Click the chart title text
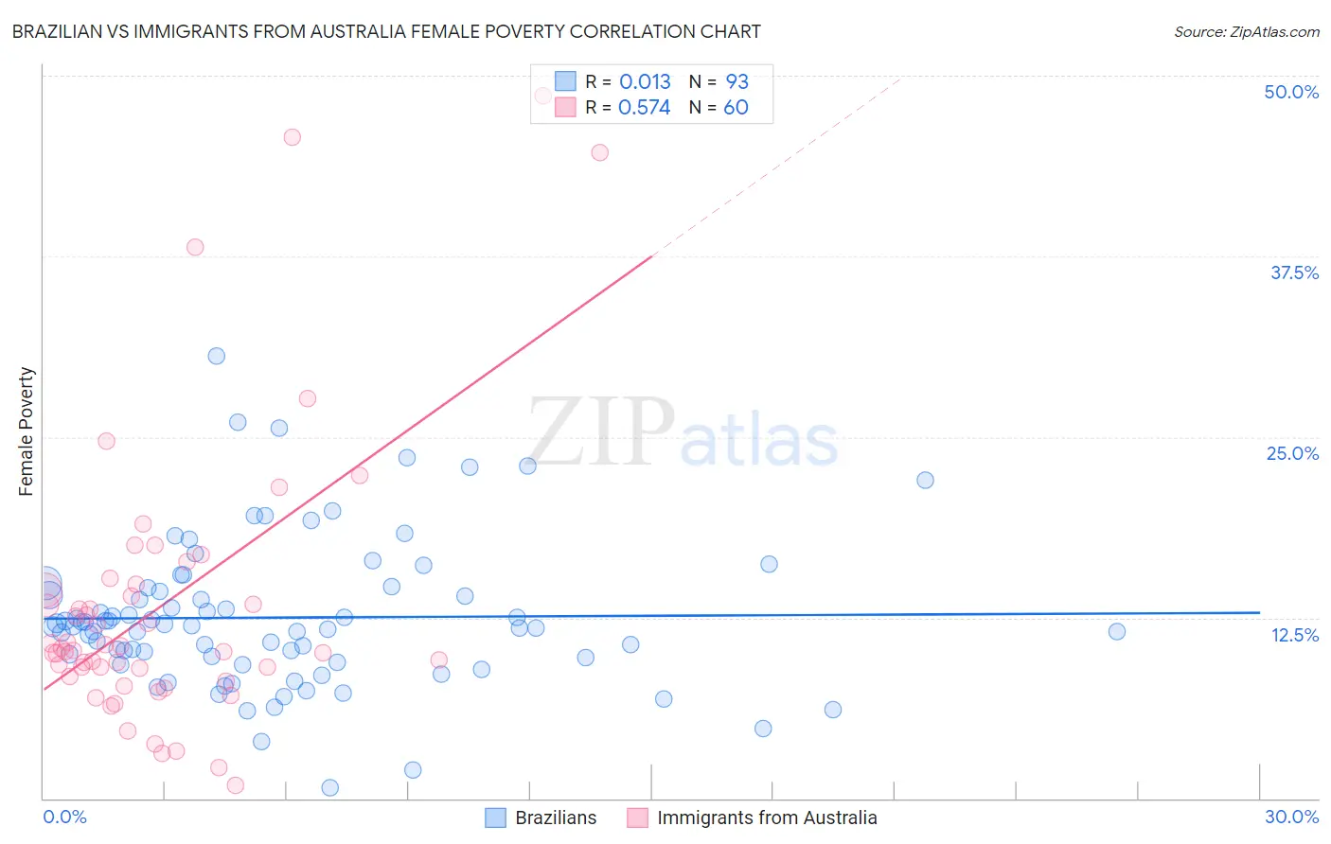point(386,31)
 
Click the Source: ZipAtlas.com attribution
point(1246,31)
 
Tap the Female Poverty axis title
point(26,431)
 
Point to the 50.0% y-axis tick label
point(1291,92)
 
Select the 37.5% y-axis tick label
point(1294,273)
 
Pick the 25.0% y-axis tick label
point(1292,453)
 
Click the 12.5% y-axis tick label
point(1294,635)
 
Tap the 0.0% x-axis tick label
point(64,817)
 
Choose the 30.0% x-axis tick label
point(1291,817)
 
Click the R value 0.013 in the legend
point(645,82)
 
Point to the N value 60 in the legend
point(736,108)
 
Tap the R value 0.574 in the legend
point(644,108)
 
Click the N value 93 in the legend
point(736,82)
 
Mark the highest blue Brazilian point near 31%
point(217,356)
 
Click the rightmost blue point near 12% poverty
point(1117,631)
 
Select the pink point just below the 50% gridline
point(542,96)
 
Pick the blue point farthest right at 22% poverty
point(925,480)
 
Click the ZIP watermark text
point(602,431)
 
